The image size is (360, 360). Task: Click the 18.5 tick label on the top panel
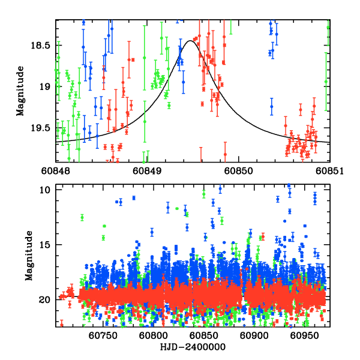tap(43, 45)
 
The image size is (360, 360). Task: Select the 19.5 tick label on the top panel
tap(43, 128)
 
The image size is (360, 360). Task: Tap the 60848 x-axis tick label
tap(56, 171)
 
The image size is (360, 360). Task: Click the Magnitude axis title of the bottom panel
tap(20, 257)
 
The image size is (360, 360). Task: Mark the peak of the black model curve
tap(190, 41)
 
